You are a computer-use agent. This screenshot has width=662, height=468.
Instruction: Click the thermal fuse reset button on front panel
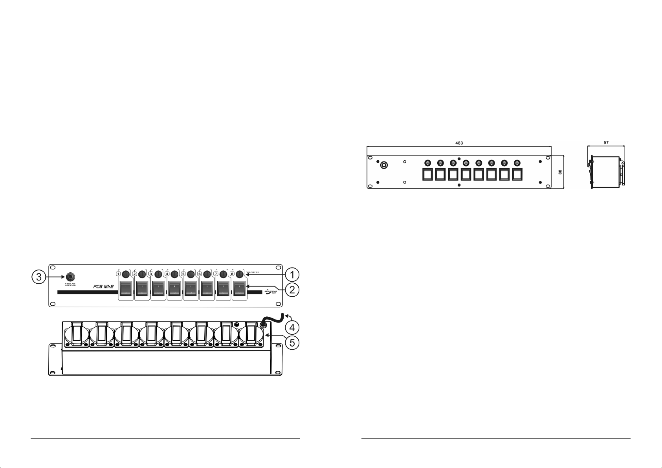click(70, 275)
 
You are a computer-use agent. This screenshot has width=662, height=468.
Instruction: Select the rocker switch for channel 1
click(126, 288)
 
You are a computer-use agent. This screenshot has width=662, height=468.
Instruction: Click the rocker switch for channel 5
click(191, 288)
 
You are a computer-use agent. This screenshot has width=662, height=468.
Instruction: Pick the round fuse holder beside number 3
click(158, 274)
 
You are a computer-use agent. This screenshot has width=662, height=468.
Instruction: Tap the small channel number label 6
click(200, 273)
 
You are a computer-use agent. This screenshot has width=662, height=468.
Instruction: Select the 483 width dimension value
click(459, 143)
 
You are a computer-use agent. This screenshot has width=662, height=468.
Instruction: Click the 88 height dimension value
click(560, 172)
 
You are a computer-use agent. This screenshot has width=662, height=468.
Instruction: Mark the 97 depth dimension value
click(606, 143)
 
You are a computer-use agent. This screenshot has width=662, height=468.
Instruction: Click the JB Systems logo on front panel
click(270, 292)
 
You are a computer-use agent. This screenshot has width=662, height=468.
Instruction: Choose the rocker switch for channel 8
click(239, 288)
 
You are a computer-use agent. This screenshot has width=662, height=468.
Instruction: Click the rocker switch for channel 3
click(158, 288)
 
